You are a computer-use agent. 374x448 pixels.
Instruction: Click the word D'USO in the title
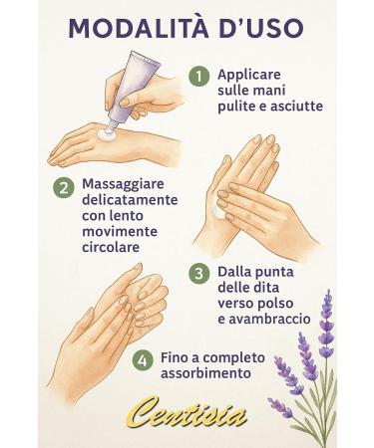point(269,28)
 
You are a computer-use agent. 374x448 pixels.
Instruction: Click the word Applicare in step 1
point(250,74)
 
